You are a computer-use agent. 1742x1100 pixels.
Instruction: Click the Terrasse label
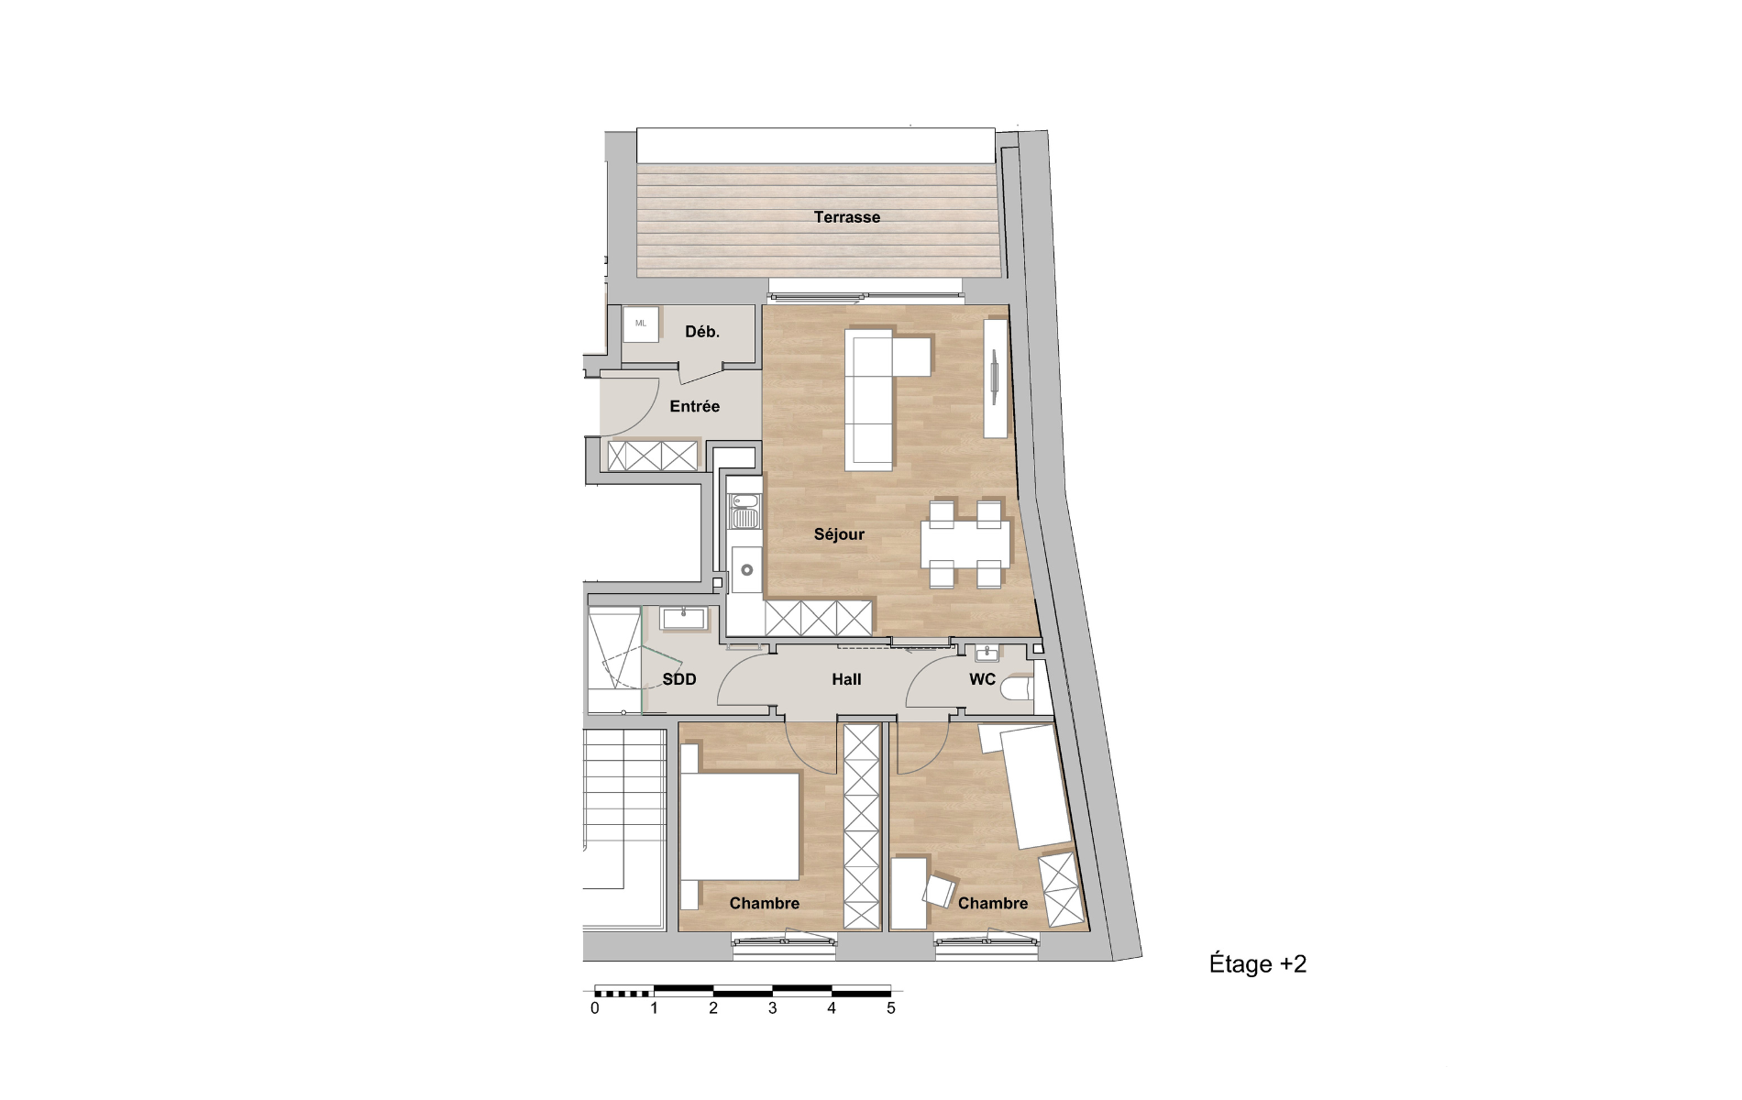pyautogui.click(x=846, y=217)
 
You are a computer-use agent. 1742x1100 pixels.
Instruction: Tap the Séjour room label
pyautogui.click(x=839, y=534)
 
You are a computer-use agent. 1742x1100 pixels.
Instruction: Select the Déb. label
pyautogui.click(x=702, y=332)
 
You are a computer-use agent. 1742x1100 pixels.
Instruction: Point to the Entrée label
pyautogui.click(x=694, y=406)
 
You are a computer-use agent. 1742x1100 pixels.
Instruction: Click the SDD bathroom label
pyautogui.click(x=679, y=679)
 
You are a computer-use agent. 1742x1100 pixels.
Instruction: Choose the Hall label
pyautogui.click(x=846, y=679)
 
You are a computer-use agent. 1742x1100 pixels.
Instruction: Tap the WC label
pyautogui.click(x=982, y=679)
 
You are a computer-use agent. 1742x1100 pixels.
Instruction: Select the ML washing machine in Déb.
pyautogui.click(x=641, y=324)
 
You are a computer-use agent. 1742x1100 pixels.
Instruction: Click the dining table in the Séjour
pyautogui.click(x=965, y=544)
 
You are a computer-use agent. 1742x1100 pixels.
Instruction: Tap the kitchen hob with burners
pyautogui.click(x=745, y=511)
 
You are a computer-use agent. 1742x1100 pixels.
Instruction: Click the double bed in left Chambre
pyautogui.click(x=740, y=825)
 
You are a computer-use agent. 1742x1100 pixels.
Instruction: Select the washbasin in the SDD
pyautogui.click(x=683, y=619)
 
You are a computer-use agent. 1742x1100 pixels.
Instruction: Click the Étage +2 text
pyautogui.click(x=1258, y=963)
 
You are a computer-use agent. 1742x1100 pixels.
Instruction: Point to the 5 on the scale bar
pyautogui.click(x=890, y=1008)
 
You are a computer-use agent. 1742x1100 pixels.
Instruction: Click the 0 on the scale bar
pyautogui.click(x=595, y=1008)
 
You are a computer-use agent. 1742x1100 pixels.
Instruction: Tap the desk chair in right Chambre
pyautogui.click(x=940, y=890)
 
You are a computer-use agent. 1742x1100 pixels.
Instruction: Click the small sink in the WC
pyautogui.click(x=987, y=654)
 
